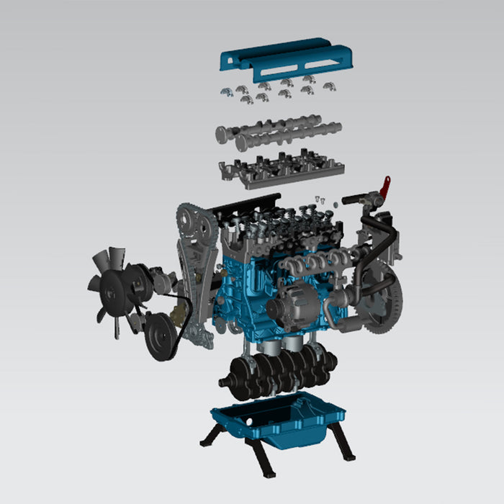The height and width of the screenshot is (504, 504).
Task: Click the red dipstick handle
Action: tap(386, 186)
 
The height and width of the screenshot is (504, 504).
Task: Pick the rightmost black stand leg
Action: tap(346, 444)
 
